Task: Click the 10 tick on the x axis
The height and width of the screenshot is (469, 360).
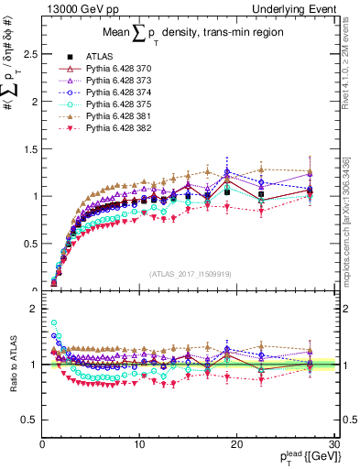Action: click(x=139, y=444)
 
